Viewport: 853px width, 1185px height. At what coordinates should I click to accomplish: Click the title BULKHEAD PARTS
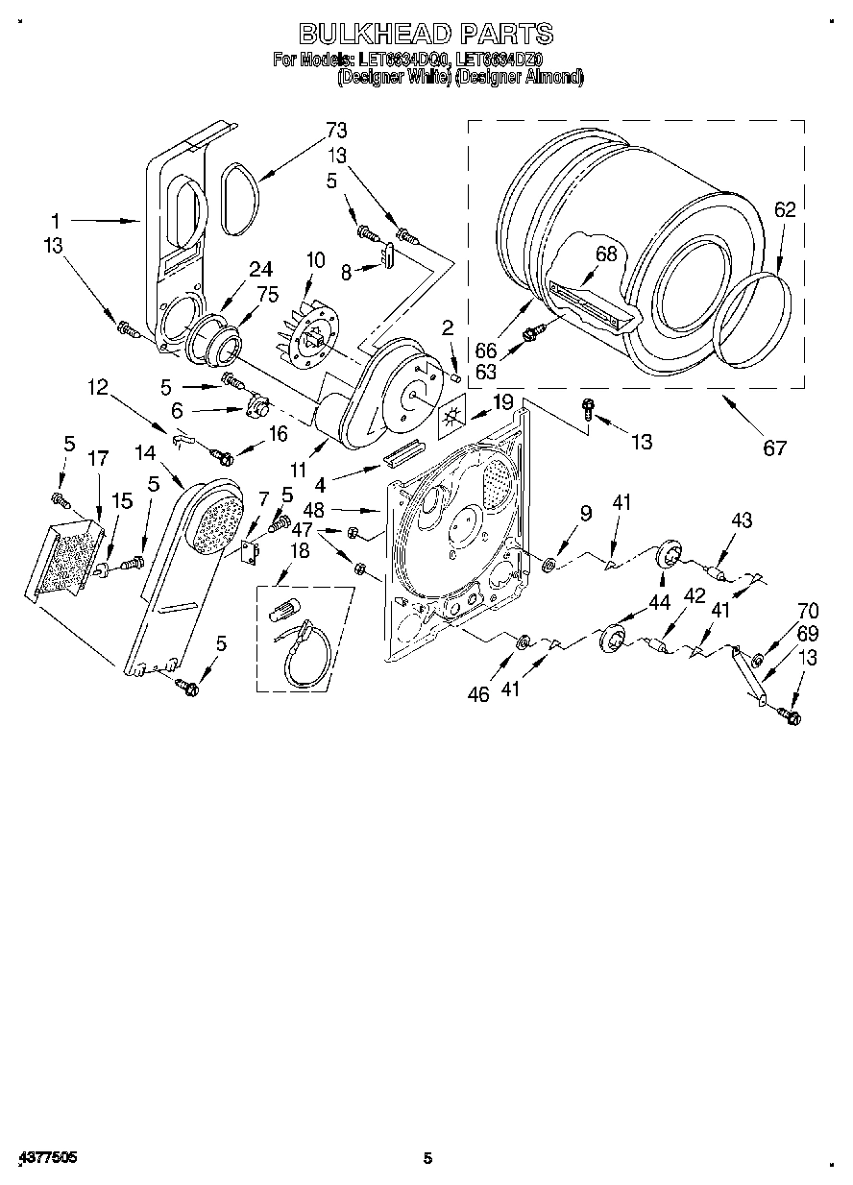point(426,35)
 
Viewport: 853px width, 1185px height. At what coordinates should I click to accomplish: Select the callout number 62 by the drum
point(785,210)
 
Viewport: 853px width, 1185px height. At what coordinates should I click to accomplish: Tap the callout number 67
point(774,447)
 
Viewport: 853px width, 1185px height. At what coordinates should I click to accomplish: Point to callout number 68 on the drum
point(605,254)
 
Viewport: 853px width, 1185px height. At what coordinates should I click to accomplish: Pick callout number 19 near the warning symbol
point(502,401)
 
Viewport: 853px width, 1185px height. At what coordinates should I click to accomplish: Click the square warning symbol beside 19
point(451,418)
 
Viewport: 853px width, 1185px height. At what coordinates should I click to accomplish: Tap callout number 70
point(808,609)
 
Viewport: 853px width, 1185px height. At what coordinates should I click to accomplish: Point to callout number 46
point(478,694)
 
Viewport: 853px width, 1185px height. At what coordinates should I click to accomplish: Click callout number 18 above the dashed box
point(299,550)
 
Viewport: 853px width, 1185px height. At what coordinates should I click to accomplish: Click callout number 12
point(99,387)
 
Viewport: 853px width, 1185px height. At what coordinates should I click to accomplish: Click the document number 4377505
point(47,1158)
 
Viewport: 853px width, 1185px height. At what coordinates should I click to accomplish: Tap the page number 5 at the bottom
point(428,1158)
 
